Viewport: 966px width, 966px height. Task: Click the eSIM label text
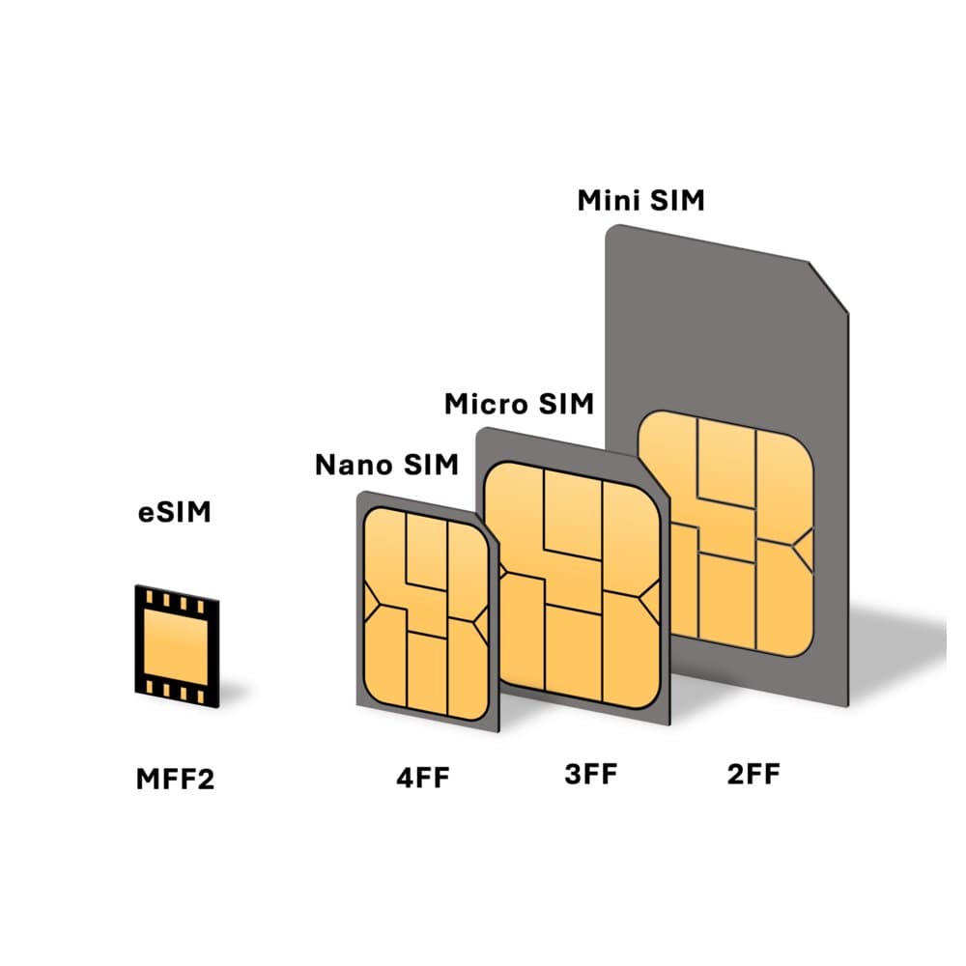(174, 513)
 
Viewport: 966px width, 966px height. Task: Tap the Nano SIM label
(387, 465)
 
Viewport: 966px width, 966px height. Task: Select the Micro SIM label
(519, 404)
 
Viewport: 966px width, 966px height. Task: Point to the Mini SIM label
(640, 200)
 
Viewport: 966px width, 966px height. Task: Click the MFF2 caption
(175, 780)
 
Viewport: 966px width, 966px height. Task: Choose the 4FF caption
(423, 778)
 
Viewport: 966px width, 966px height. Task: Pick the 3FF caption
(591, 775)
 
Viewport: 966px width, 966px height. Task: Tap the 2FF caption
(753, 775)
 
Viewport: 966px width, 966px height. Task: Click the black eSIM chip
(177, 646)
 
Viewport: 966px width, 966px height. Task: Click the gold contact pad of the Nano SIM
(426, 613)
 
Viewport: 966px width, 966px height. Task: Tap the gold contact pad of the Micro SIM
(572, 585)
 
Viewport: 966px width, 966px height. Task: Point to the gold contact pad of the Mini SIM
(725, 533)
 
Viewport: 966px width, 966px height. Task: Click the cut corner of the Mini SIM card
(829, 287)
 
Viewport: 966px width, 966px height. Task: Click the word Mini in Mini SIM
(607, 200)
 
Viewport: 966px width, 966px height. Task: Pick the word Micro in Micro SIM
(487, 404)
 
